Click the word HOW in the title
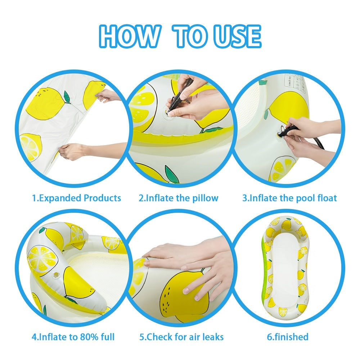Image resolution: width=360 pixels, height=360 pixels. point(130,36)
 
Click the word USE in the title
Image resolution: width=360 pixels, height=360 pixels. point(237,36)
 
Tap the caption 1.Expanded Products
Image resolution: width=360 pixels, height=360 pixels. point(76,198)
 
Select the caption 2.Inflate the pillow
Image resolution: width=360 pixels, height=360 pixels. point(179,198)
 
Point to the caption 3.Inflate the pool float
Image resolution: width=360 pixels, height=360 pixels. point(289,198)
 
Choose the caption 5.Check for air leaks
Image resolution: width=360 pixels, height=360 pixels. point(181,337)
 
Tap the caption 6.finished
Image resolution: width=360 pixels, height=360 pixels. point(287,337)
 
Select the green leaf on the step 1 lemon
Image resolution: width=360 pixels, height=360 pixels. point(67,97)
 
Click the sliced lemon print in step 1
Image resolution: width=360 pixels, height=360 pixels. point(30,147)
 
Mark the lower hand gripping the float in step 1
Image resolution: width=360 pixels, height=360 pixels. point(73,151)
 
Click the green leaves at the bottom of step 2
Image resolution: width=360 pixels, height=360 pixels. point(172,174)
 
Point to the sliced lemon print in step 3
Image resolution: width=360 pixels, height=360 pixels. point(282,168)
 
